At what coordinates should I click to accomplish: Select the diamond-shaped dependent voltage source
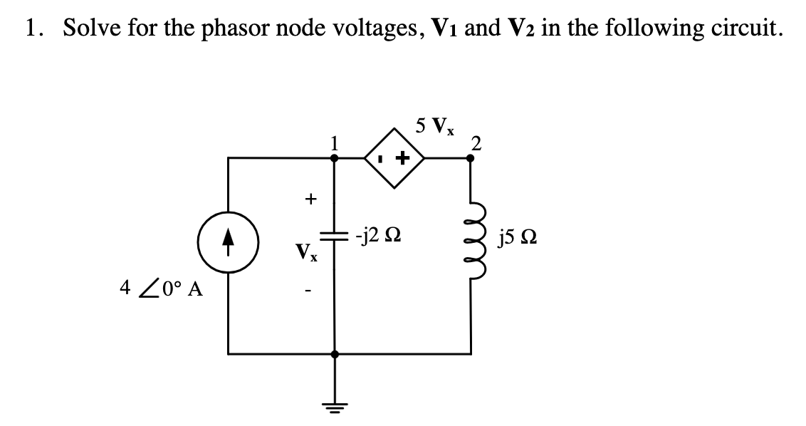point(394,158)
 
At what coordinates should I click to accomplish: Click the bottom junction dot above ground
point(335,353)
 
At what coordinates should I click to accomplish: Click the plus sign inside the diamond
point(404,158)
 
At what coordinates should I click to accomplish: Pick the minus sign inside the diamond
point(382,158)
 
